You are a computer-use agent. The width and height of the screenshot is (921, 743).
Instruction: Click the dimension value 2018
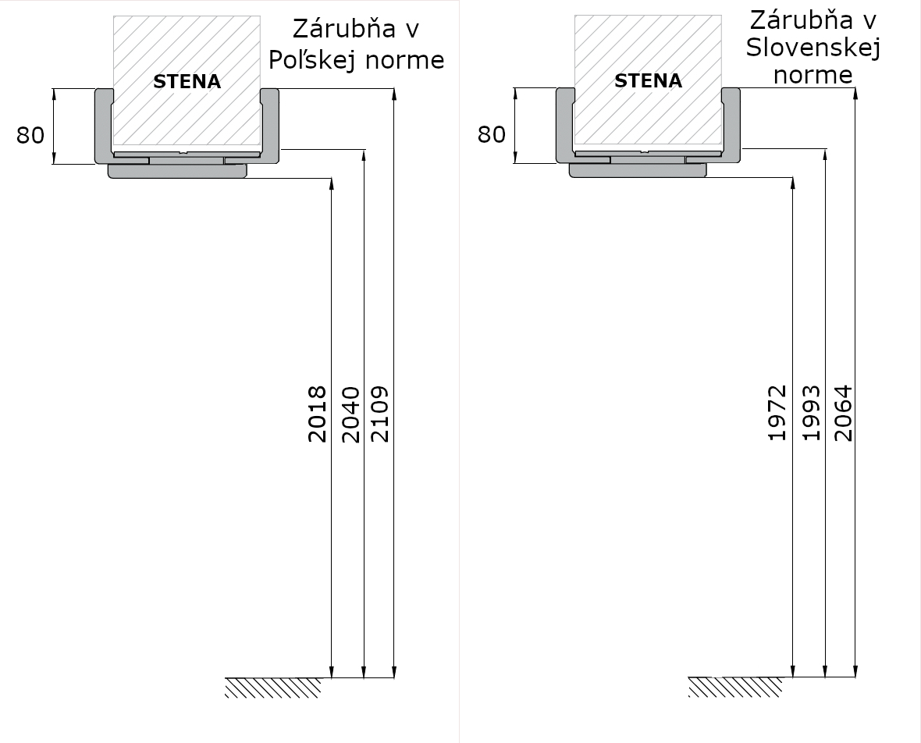pyautogui.click(x=317, y=414)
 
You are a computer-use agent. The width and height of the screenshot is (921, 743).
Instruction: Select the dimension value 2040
pyautogui.click(x=350, y=414)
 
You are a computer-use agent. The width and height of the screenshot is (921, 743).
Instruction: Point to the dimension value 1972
pyautogui.click(x=777, y=412)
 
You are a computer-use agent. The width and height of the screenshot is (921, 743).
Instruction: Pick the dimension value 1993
pyautogui.click(x=811, y=412)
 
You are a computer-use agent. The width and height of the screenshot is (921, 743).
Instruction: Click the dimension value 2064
pyautogui.click(x=843, y=412)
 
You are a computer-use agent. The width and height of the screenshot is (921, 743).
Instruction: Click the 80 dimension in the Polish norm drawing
pyautogui.click(x=30, y=135)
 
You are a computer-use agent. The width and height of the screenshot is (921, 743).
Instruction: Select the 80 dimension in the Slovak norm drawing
pyautogui.click(x=492, y=134)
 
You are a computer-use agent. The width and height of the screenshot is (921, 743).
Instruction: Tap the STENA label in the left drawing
pyautogui.click(x=187, y=82)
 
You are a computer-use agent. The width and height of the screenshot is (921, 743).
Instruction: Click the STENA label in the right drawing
pyautogui.click(x=649, y=80)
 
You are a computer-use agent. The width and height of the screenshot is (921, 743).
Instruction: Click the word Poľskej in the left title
pyautogui.click(x=308, y=60)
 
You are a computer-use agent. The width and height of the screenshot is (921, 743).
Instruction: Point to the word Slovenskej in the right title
pyautogui.click(x=813, y=48)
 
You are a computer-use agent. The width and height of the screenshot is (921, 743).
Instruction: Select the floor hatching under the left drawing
pyautogui.click(x=274, y=688)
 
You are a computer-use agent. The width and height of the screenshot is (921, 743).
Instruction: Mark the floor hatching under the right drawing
pyautogui.click(x=735, y=688)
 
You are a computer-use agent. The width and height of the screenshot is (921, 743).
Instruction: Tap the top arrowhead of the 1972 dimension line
pyautogui.click(x=793, y=184)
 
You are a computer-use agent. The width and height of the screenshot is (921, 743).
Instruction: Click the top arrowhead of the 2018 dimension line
pyautogui.click(x=332, y=184)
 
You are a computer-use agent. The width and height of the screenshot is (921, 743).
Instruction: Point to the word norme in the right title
pyautogui.click(x=813, y=75)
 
